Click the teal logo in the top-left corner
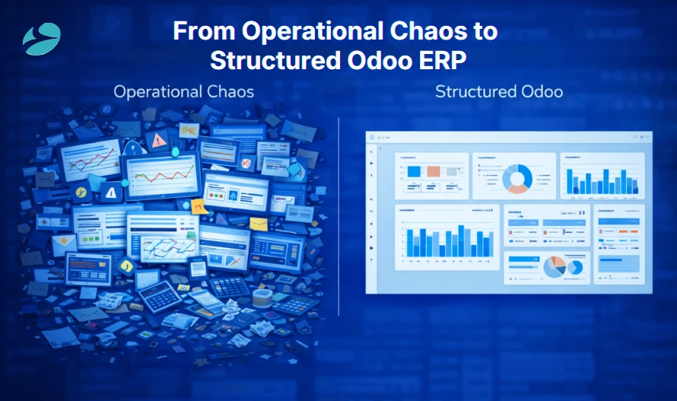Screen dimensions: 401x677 [x=41, y=39]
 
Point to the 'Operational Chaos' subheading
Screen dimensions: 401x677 [x=183, y=92]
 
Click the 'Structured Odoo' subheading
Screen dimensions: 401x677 [x=499, y=92]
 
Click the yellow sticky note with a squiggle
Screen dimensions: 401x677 [x=199, y=205]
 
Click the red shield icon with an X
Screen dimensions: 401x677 [x=246, y=164]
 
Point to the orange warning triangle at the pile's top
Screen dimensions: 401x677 [x=159, y=140]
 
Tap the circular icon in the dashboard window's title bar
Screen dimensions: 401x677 [x=373, y=137]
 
